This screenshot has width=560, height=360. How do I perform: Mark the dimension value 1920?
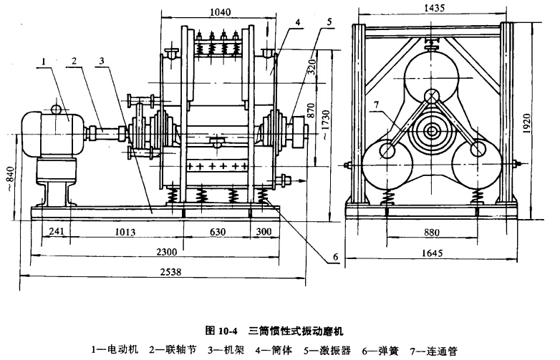(x=544, y=125)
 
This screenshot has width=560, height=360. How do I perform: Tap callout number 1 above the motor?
(x=44, y=63)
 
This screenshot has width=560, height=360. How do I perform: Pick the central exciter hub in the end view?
(x=431, y=132)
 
